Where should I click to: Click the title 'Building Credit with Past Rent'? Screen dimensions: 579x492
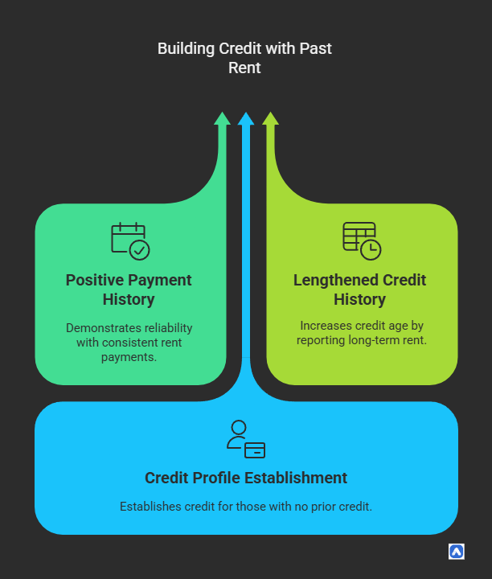point(244,58)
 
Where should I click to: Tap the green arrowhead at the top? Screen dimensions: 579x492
point(222,119)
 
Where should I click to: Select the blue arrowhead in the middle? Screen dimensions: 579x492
point(246,119)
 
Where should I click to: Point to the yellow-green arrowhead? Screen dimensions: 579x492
point(270,119)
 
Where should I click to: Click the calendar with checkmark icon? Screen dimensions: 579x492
point(129,240)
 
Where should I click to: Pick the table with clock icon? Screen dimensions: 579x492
point(361,240)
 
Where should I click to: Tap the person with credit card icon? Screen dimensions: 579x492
point(245,439)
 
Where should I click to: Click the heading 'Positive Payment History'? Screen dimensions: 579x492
point(129,289)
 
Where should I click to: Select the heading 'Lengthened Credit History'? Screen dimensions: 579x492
point(359,289)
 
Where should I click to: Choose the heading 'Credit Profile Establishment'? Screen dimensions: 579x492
point(246,478)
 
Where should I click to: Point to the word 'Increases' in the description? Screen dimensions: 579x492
point(326,326)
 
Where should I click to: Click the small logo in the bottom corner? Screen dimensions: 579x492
point(456,552)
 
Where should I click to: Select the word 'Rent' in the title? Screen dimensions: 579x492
point(244,68)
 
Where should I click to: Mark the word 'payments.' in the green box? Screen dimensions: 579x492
point(129,357)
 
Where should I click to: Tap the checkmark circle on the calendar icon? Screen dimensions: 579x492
point(139,250)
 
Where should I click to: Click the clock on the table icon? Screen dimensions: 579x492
point(371,249)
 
